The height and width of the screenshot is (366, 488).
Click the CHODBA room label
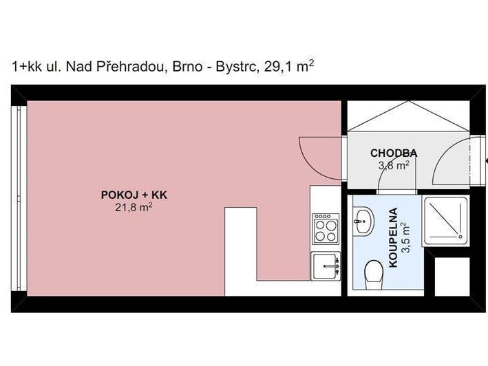pyautogui.click(x=394, y=153)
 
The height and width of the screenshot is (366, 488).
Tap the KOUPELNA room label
pyautogui.click(x=393, y=237)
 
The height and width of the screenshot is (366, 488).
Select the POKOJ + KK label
pyautogui.click(x=134, y=195)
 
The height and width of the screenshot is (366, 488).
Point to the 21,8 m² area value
pyautogui.click(x=134, y=207)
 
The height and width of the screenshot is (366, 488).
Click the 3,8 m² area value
pyautogui.click(x=394, y=165)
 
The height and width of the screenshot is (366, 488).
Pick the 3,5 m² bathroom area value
pyautogui.click(x=405, y=237)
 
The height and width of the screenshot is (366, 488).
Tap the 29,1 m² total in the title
pyautogui.click(x=288, y=66)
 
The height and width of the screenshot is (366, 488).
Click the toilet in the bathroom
pyautogui.click(x=373, y=274)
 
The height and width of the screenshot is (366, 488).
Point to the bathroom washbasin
pyautogui.click(x=363, y=221)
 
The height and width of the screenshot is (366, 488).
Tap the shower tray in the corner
pyautogui.click(x=446, y=221)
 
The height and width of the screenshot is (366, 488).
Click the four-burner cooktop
pyautogui.click(x=326, y=228)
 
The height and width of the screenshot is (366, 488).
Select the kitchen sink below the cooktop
pyautogui.click(x=326, y=266)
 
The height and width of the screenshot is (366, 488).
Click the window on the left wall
pyautogui.click(x=19, y=198)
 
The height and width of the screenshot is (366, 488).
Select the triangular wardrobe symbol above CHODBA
pyautogui.click(x=408, y=116)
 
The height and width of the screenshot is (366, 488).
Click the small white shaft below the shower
pyautogui.click(x=452, y=277)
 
